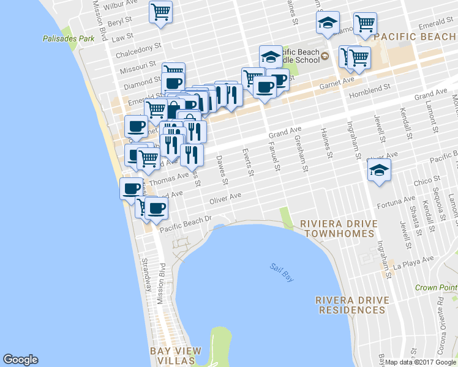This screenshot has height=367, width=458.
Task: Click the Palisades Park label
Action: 69,39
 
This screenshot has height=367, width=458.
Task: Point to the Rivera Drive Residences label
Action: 351,305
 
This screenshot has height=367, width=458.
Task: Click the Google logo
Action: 20,360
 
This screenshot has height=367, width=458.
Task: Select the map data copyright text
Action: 421,362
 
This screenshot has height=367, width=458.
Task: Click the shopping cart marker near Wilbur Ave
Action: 160,12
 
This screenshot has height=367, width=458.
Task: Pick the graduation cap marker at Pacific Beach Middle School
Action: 270,57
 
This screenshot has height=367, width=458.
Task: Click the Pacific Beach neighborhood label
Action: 415,37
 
